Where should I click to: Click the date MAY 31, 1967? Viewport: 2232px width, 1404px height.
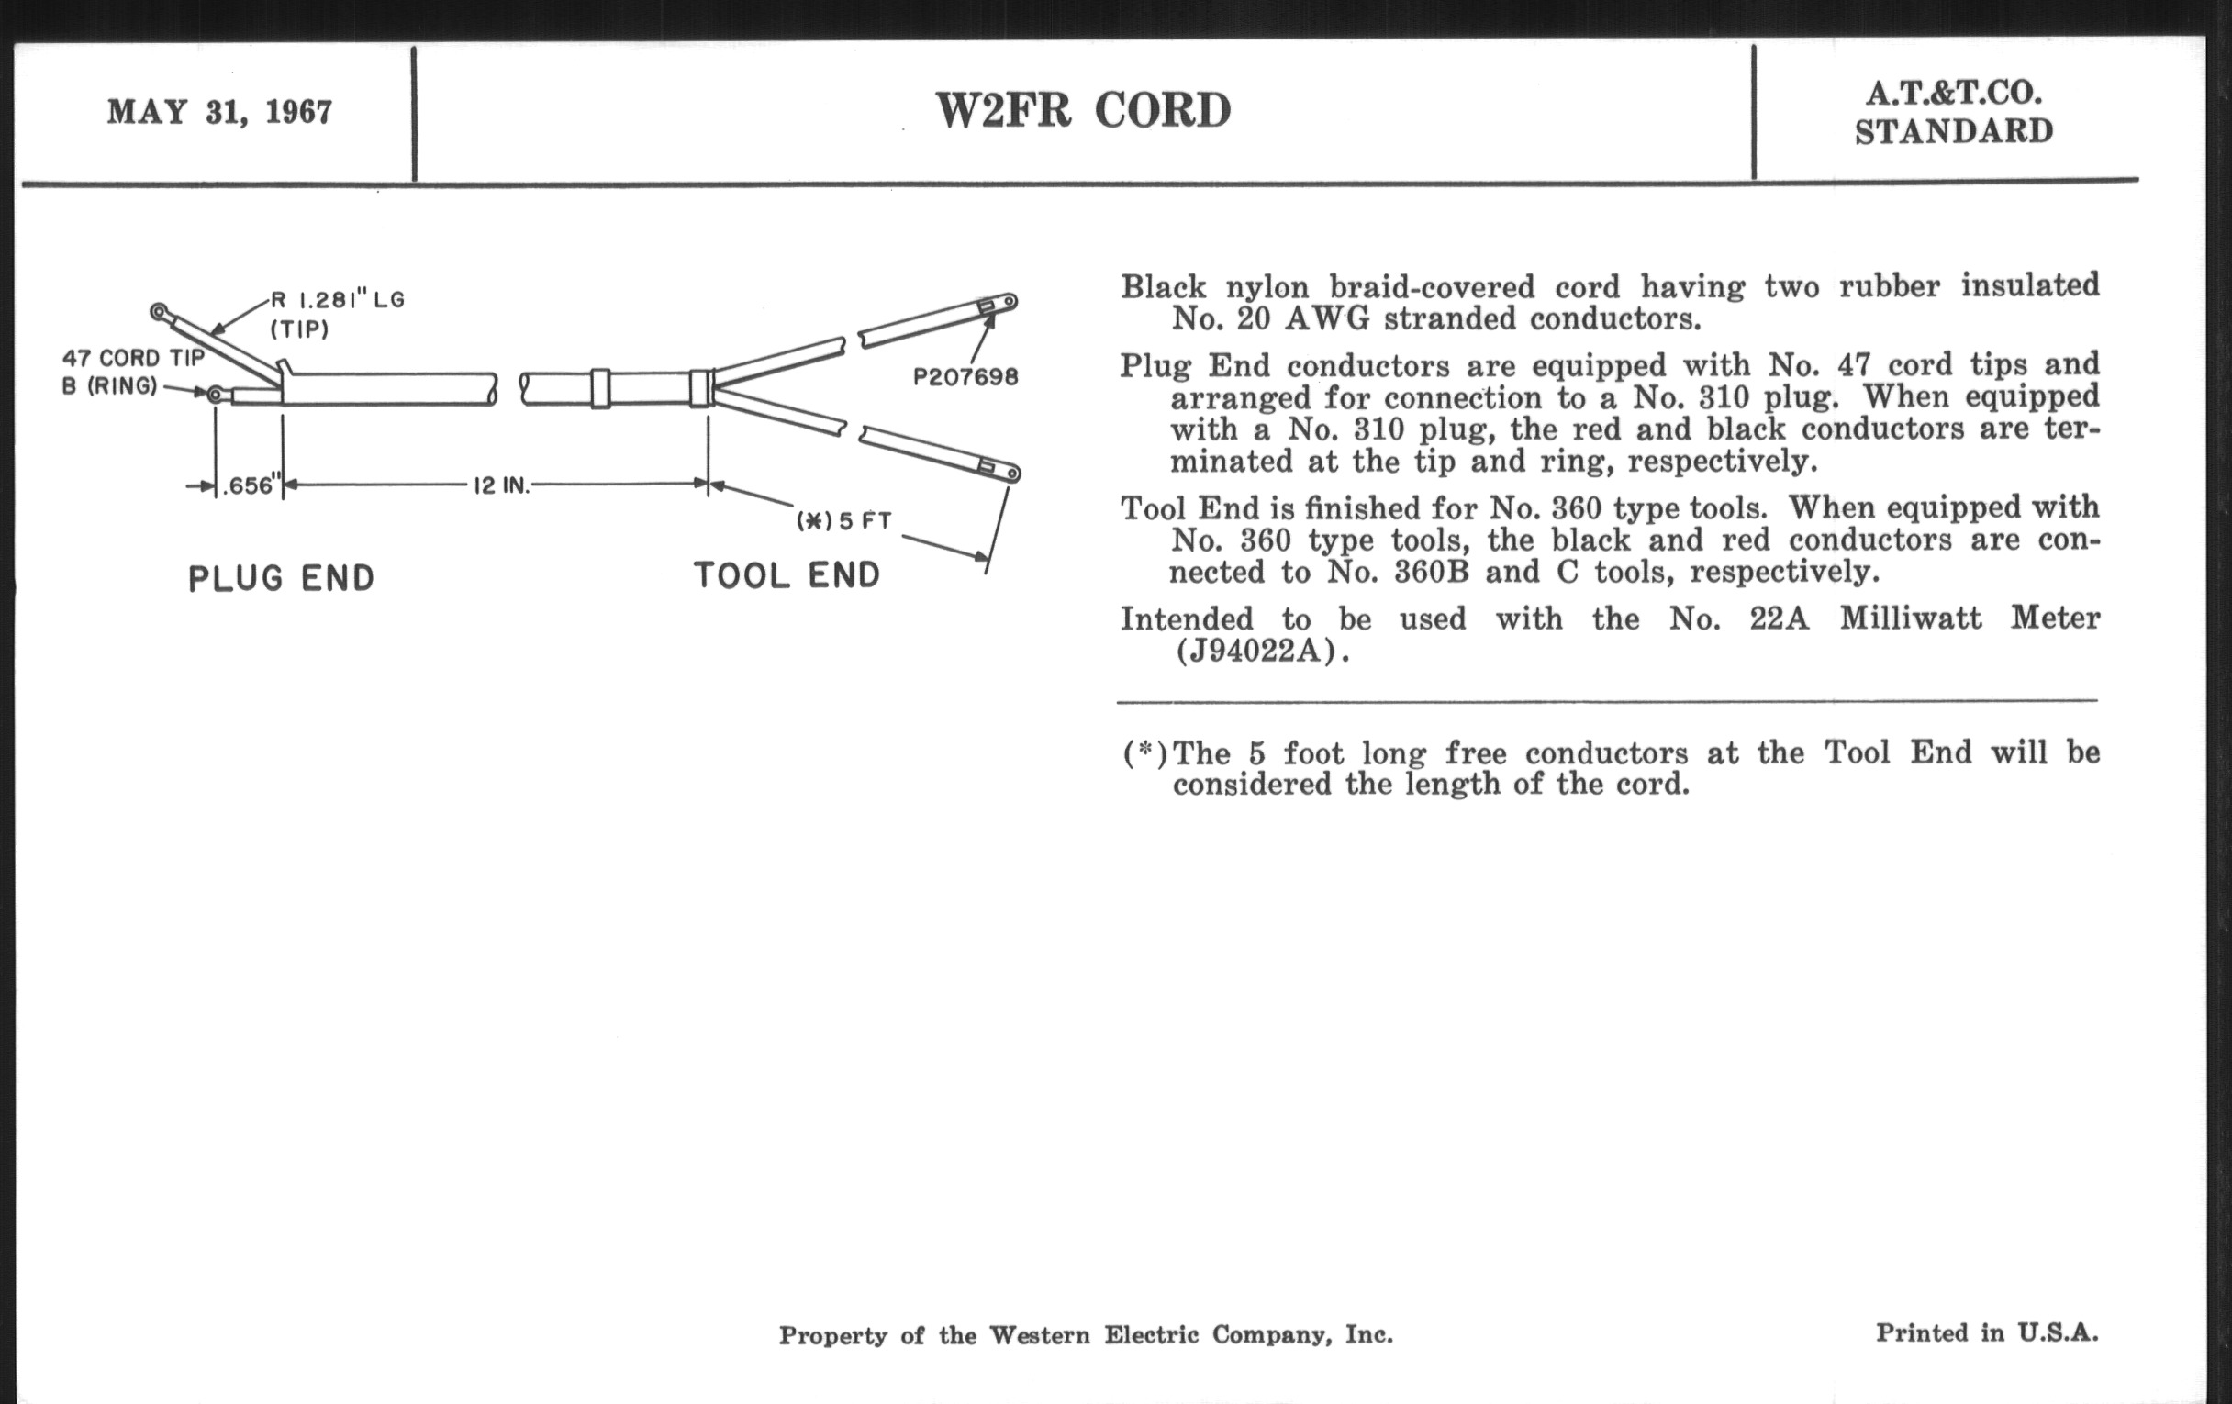click(x=219, y=112)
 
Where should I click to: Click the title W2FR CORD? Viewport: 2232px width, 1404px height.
click(x=1083, y=110)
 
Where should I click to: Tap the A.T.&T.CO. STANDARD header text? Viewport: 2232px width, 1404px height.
click(x=1953, y=112)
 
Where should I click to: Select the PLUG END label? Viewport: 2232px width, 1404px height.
click(x=281, y=578)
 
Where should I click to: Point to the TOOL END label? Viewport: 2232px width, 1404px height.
click(x=787, y=575)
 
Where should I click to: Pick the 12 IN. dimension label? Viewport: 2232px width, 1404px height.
click(x=501, y=485)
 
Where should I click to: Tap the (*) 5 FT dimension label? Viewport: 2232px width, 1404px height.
click(x=843, y=521)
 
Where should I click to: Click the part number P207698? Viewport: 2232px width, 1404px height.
click(x=965, y=377)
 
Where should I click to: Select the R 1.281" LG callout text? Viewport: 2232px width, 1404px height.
click(x=338, y=300)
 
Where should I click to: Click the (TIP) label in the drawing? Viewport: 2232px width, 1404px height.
click(x=299, y=329)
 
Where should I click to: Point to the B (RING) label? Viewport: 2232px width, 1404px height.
click(x=109, y=386)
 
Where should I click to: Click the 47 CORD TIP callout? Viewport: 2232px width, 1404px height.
click(x=132, y=359)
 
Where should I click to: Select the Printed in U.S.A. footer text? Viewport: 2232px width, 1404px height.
click(x=1986, y=1332)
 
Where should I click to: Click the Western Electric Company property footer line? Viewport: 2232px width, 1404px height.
click(x=1086, y=1334)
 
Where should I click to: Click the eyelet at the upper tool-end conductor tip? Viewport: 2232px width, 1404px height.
click(x=1010, y=301)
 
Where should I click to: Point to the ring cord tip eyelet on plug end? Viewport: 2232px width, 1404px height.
click(x=215, y=396)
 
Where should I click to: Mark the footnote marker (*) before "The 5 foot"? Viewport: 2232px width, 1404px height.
click(x=1144, y=752)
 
